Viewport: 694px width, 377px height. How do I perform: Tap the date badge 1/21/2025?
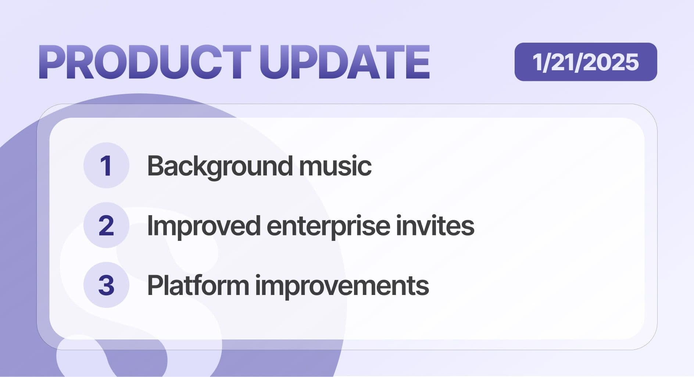[x=586, y=62]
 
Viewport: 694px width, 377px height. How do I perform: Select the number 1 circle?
[x=106, y=166]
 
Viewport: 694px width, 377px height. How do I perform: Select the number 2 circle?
[x=106, y=225]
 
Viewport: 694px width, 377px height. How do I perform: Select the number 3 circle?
[x=106, y=285]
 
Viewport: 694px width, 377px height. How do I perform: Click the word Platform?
[x=198, y=285]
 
